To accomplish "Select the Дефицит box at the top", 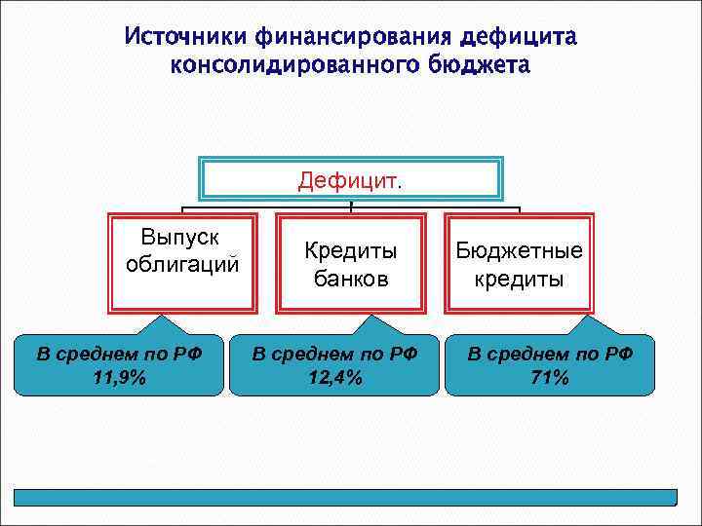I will (350, 180).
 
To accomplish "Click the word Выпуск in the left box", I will (181, 238).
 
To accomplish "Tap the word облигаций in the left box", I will (182, 265).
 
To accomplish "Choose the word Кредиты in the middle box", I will (350, 251).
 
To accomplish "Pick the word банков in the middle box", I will (350, 279).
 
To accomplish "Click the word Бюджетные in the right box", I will (519, 251).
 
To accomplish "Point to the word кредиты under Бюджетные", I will (519, 279).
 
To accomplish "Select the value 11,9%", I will (119, 378).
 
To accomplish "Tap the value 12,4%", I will (334, 378).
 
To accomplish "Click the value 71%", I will (550, 378).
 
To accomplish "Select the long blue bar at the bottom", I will (350, 497).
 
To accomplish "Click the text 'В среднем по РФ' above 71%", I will (550, 354).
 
